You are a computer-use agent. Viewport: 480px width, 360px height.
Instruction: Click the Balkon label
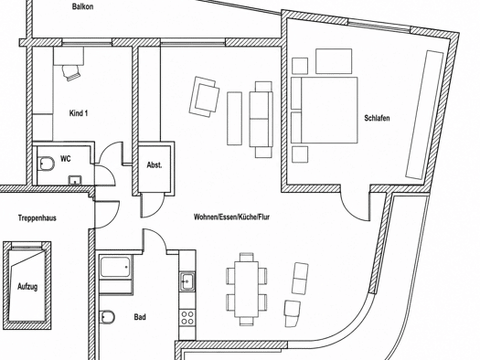(82, 6)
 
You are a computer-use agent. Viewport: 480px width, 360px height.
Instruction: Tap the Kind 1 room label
(79, 113)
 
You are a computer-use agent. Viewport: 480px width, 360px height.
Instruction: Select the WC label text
(66, 159)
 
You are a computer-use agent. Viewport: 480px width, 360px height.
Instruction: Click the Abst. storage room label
(155, 165)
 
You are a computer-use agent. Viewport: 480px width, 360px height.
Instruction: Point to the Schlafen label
(377, 118)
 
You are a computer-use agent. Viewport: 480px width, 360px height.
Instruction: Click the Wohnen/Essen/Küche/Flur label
(231, 217)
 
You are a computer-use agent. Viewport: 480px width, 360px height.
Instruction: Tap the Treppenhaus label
(37, 218)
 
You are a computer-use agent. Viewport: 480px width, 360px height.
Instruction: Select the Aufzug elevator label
(27, 287)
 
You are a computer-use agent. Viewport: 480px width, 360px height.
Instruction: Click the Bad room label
(140, 317)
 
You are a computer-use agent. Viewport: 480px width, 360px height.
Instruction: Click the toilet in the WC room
(46, 164)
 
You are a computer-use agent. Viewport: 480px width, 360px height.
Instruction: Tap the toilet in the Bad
(107, 317)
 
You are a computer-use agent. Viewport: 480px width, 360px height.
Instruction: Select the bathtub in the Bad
(115, 268)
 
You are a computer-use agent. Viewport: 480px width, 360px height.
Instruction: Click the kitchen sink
(187, 281)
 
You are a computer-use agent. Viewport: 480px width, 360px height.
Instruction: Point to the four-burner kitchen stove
(187, 317)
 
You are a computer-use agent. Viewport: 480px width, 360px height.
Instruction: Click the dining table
(247, 289)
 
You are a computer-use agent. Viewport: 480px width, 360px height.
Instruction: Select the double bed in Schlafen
(325, 111)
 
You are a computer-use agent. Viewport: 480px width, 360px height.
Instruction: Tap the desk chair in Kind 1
(72, 72)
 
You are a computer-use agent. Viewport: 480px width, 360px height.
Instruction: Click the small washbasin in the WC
(75, 180)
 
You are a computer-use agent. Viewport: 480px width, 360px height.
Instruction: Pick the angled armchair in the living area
(205, 96)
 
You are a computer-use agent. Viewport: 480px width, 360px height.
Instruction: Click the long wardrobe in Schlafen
(424, 115)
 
